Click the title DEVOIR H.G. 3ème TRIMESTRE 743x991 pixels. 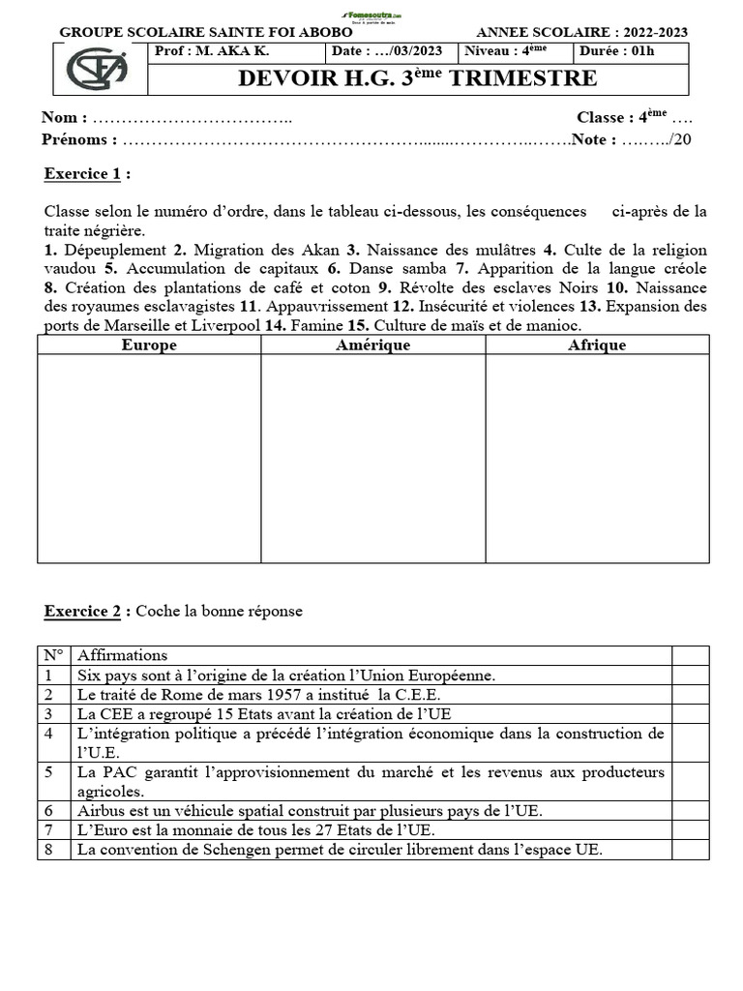(418, 78)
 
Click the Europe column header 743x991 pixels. (149, 345)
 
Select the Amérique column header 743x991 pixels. (372, 345)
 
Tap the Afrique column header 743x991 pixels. (597, 345)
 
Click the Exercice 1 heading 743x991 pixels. (86, 174)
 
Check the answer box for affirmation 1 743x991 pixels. (690, 676)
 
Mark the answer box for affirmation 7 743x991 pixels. (690, 830)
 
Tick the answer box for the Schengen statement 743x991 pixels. (690, 850)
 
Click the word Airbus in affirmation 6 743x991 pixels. (100, 811)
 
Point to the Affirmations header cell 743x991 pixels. (122, 655)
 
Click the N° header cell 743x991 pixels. (54, 655)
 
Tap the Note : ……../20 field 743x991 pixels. (632, 140)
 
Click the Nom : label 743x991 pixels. (64, 118)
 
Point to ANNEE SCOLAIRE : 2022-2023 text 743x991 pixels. (582, 32)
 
